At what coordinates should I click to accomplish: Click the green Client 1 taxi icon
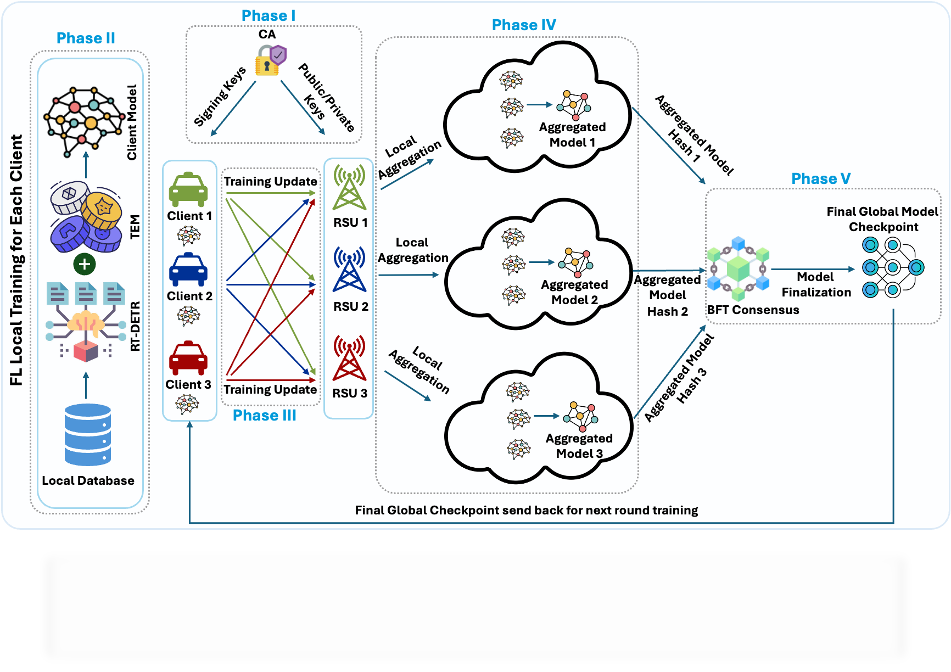pos(188,190)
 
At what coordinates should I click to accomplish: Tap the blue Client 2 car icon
pos(188,270)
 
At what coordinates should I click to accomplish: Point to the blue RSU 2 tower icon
pos(350,270)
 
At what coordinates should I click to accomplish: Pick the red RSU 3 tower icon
pos(350,359)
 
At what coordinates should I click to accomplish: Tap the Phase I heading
pos(268,15)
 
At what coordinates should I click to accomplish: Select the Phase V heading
pos(821,178)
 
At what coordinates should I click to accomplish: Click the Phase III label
pos(264,415)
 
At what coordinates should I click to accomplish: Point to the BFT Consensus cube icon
pos(738,268)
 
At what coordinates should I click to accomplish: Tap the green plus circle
pos(85,264)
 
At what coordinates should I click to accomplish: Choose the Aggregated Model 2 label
pos(574,292)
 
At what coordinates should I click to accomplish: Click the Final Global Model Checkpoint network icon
pos(892,267)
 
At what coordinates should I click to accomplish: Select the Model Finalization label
pos(816,284)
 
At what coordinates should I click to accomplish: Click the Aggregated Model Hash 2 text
pos(668,295)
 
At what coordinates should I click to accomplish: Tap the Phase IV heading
pos(524,25)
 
